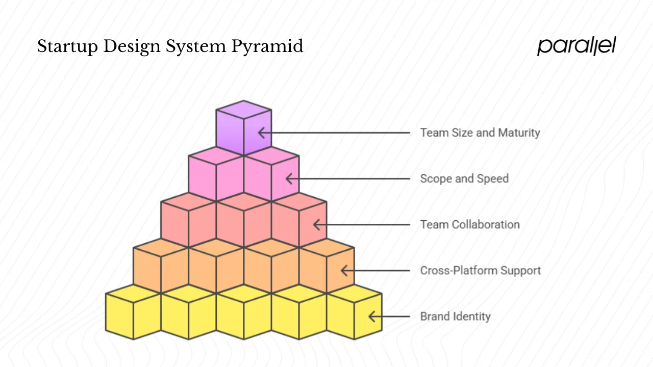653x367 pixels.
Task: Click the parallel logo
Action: [576, 46]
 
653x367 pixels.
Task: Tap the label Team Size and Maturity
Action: [480, 133]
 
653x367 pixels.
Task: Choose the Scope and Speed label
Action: [464, 178]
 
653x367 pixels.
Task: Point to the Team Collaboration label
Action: [470, 224]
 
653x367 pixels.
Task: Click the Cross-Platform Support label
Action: [480, 270]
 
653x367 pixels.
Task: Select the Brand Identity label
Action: [455, 316]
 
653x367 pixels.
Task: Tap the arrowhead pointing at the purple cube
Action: [261, 133]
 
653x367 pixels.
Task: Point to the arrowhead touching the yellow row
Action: [371, 316]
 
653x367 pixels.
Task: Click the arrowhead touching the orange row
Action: [343, 270]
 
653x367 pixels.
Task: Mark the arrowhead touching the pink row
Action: [288, 178]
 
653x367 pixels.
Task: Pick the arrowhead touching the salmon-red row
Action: [316, 224]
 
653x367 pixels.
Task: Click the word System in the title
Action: [196, 47]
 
